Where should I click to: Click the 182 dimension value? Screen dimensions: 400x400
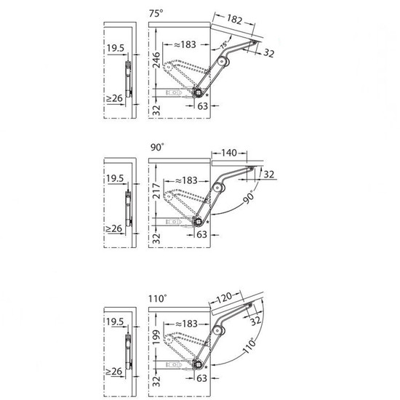coord(234,20)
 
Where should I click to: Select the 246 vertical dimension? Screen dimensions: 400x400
coord(156,60)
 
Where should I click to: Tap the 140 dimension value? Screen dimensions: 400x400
coord(229,153)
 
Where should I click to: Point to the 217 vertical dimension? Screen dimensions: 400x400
coord(156,191)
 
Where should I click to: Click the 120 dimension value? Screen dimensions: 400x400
coord(225,297)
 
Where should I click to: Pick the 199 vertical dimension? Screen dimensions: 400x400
coord(156,337)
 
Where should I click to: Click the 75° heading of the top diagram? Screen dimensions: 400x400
coord(156,13)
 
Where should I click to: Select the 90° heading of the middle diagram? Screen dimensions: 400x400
coord(157,147)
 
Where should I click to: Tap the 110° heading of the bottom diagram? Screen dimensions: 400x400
coord(158,298)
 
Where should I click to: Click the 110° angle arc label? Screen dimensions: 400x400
coord(249,345)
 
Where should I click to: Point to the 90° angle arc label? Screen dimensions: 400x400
coord(249,197)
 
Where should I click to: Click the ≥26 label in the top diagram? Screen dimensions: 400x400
coord(114,98)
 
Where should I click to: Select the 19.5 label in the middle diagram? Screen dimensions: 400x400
coord(115,178)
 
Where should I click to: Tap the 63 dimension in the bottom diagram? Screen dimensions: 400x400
coord(201,378)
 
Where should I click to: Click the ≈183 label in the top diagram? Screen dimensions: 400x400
coord(185,44)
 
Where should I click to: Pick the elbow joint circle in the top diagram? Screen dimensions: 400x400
coord(222,61)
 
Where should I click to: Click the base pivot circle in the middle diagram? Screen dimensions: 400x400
coord(197,221)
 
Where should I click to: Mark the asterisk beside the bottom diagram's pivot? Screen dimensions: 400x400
coord(207,367)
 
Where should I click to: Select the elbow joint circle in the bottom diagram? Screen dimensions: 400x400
coord(217,331)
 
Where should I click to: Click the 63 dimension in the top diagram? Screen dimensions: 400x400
coord(203,106)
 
